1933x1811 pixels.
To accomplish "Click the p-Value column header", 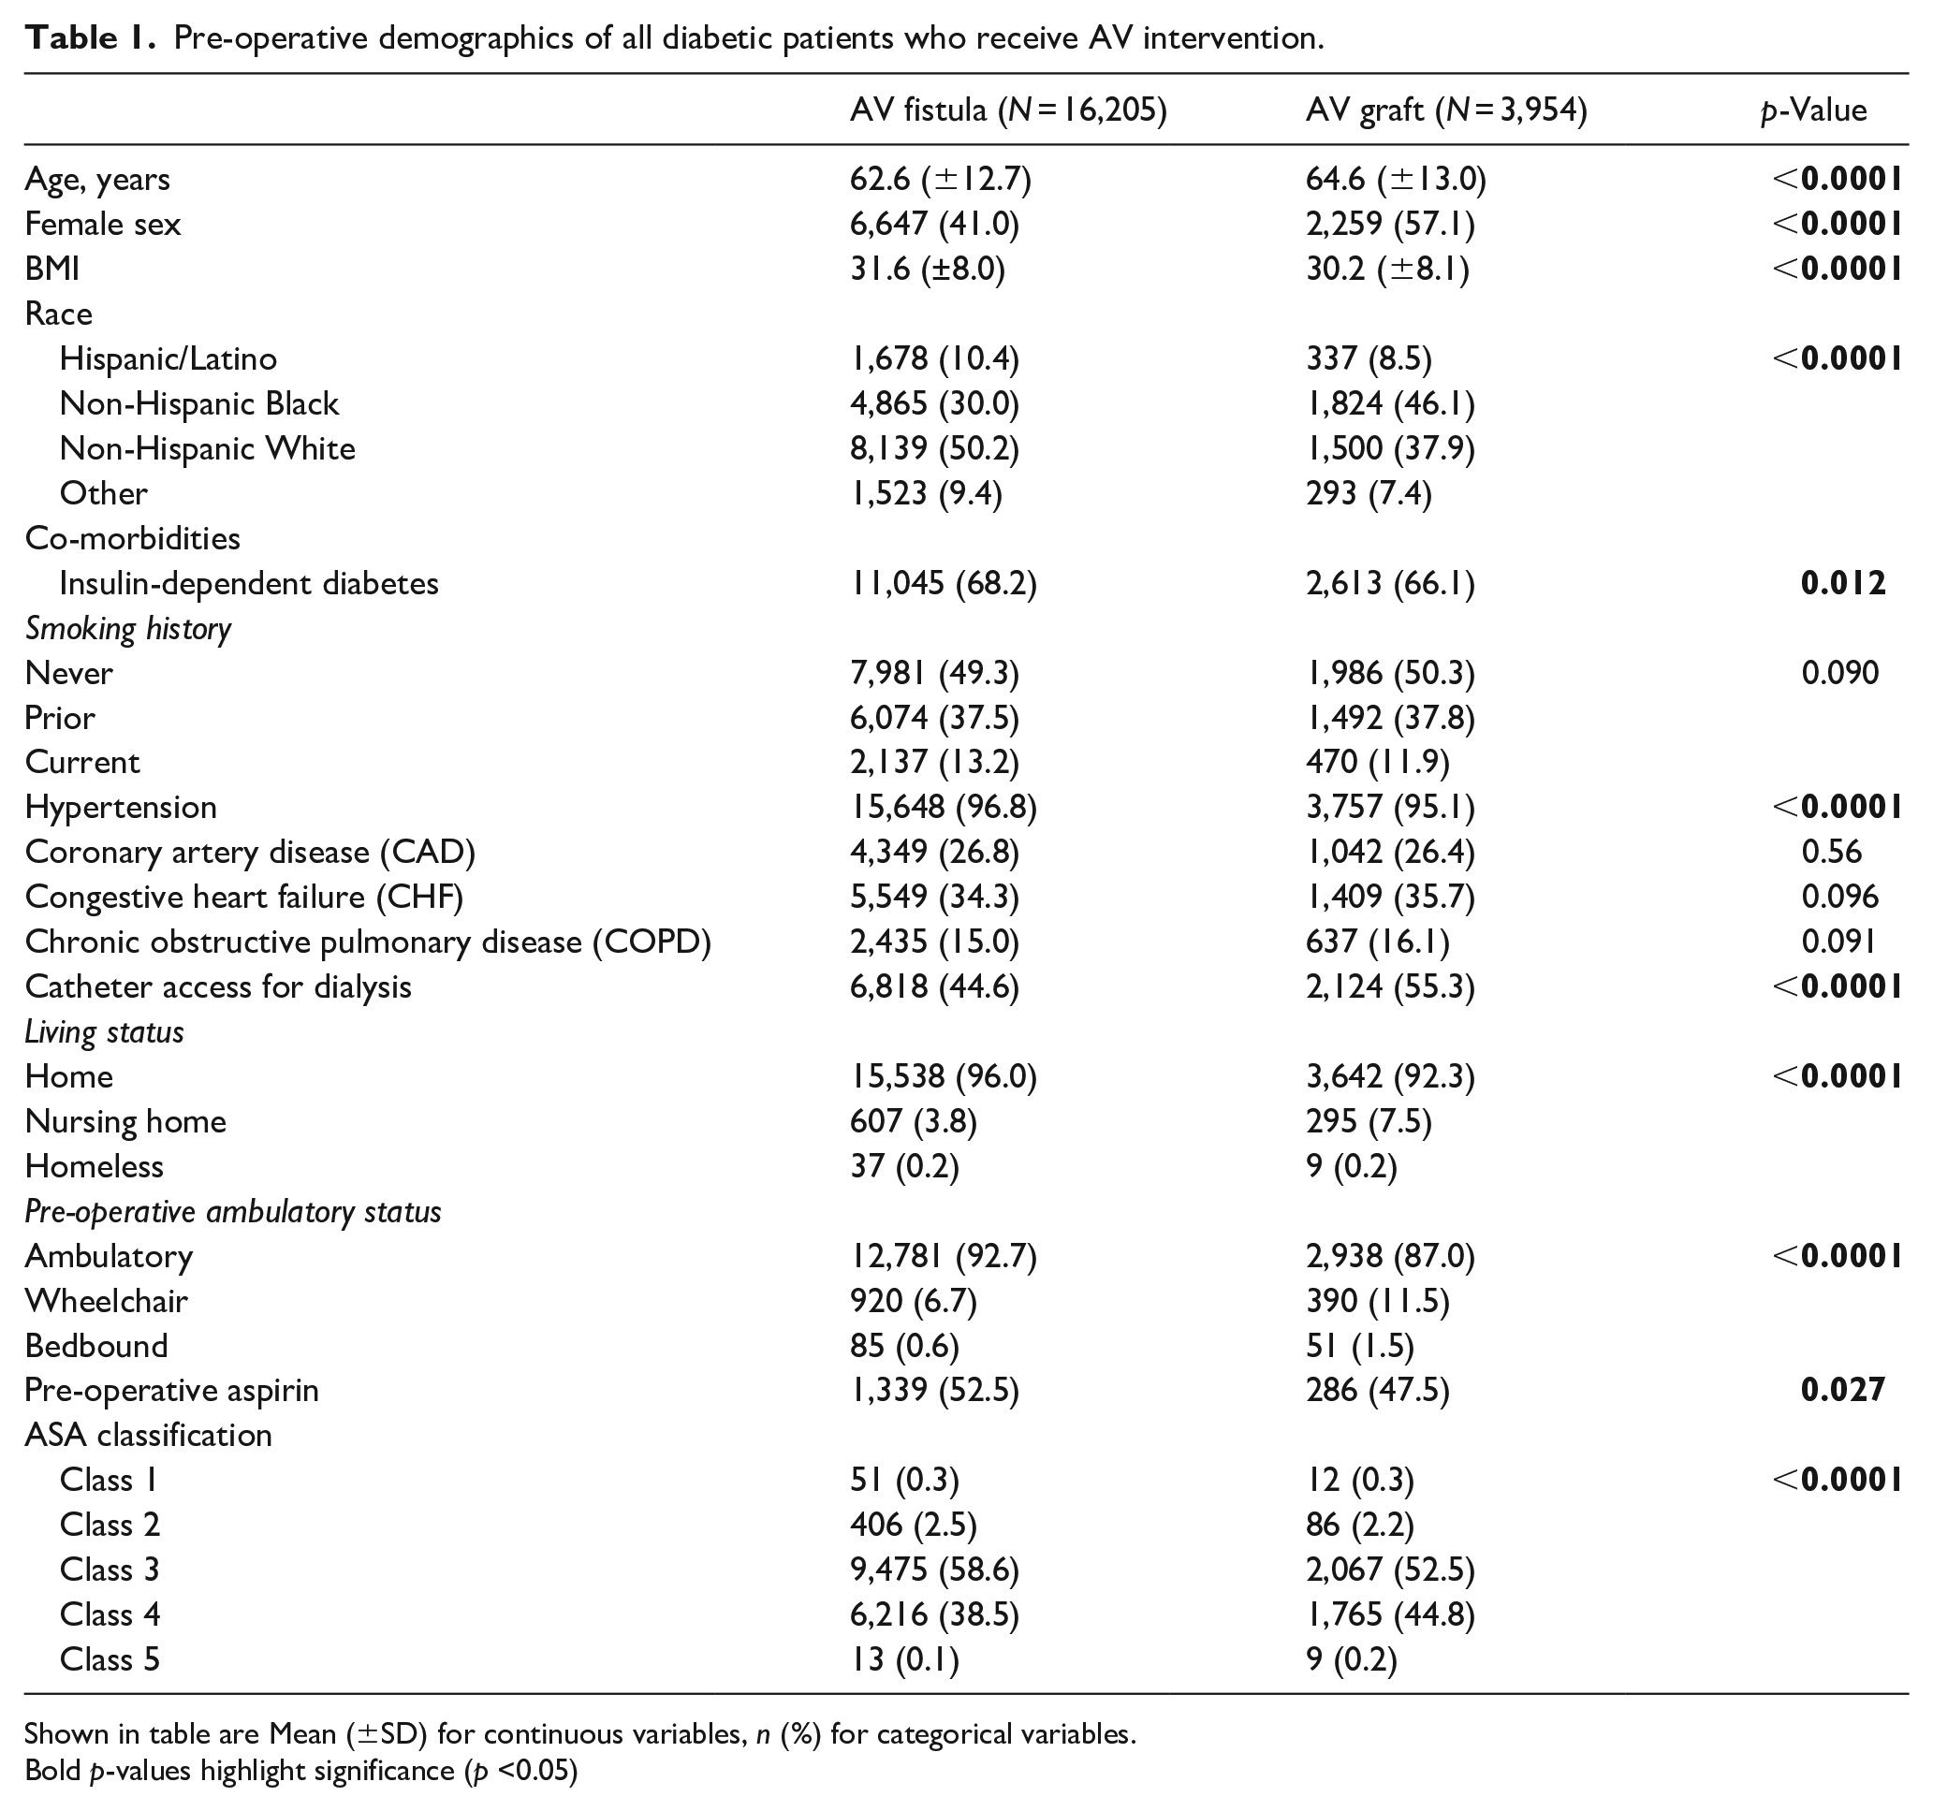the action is (1813, 110).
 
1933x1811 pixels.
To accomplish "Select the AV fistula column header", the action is (1007, 110).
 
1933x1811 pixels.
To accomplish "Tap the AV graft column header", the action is (1446, 110).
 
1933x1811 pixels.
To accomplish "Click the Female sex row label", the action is (103, 225).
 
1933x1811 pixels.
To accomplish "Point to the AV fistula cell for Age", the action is (940, 179).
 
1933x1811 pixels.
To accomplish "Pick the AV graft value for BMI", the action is (1387, 270).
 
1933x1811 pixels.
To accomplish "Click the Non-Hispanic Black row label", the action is (199, 403).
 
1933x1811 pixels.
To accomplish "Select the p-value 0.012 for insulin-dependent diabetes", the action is (1843, 583).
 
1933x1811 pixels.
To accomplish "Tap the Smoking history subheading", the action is (128, 629).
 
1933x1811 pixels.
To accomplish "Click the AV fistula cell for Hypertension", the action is (944, 807).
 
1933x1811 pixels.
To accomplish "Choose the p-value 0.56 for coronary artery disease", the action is (1832, 853).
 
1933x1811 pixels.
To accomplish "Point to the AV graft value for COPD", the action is (1378, 942).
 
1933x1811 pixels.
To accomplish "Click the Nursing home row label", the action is (125, 1122).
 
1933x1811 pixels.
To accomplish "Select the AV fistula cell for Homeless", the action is (904, 1166).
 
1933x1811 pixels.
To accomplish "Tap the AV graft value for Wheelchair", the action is (1378, 1302).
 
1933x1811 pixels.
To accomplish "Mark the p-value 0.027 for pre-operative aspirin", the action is (1843, 1390).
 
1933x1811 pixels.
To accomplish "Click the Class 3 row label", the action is (110, 1570).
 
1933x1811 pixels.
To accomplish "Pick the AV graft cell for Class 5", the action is (1352, 1659).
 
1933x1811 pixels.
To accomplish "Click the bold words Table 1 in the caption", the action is (90, 38).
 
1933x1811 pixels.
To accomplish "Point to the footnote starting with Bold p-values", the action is (301, 1771).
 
